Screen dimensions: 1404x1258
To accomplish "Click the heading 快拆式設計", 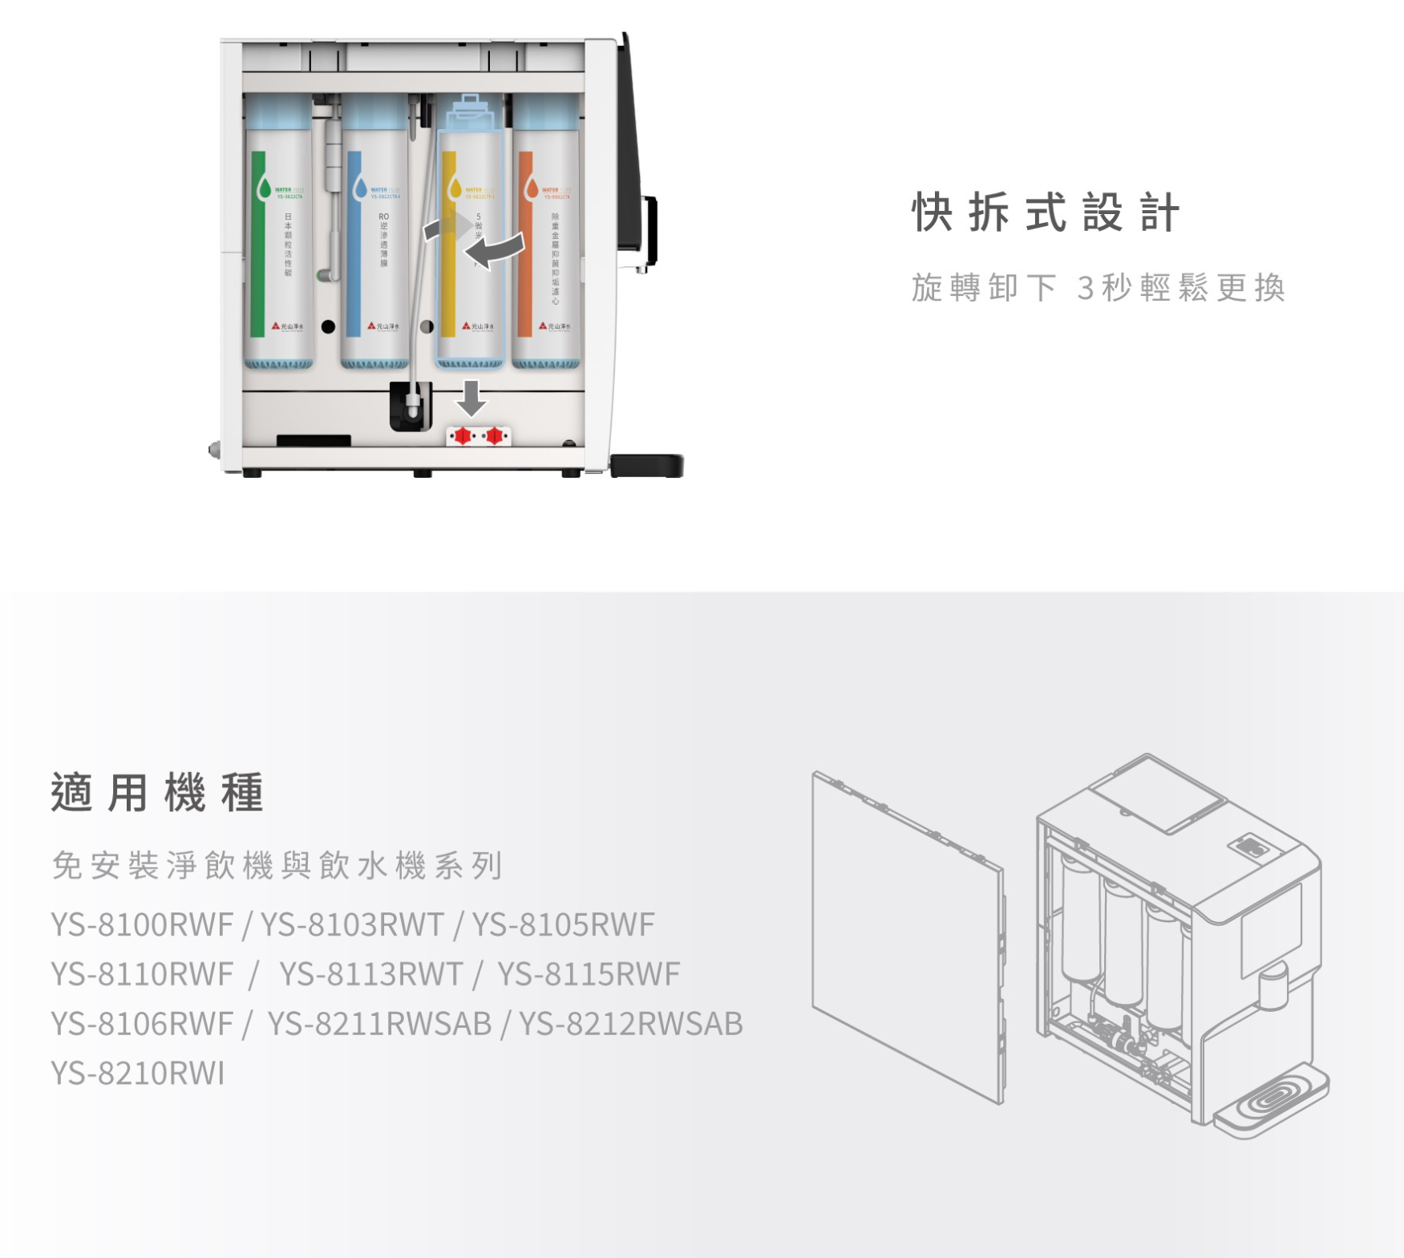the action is click(1046, 213).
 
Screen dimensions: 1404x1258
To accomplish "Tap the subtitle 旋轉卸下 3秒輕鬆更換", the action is click(1098, 288).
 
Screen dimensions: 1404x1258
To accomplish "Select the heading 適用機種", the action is click(157, 793).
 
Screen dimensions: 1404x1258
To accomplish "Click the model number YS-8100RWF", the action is click(142, 924).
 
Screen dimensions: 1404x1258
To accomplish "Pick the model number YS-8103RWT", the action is click(352, 924).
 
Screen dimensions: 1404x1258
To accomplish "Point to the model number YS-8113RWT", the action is click(370, 974).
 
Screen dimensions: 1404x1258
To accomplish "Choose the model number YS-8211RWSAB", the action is click(379, 1024).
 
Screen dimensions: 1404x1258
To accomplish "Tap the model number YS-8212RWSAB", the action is click(631, 1024).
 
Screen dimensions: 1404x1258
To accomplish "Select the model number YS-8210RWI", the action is click(138, 1073).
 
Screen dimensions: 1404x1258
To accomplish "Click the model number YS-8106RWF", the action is click(142, 1024).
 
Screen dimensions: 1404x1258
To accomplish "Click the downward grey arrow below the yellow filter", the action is click(471, 398).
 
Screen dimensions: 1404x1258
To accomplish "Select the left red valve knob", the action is click(463, 435).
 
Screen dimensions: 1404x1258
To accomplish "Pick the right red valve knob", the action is click(495, 435).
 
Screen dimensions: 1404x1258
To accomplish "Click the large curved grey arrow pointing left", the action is click(497, 249).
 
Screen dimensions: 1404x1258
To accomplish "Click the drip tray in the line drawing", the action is click(1271, 1102).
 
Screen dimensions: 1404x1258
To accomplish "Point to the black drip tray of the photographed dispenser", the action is click(646, 465).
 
